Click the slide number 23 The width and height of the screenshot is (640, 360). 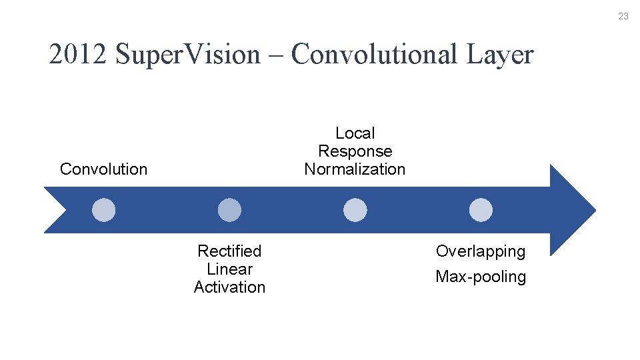623,16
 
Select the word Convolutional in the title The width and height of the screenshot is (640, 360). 375,55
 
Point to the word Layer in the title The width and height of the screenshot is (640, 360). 500,55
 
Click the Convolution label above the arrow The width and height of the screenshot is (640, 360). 103,169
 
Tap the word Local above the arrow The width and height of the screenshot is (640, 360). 355,133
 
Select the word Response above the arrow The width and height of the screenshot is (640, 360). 355,151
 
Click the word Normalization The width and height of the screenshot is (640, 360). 355,169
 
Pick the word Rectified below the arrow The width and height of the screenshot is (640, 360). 229,251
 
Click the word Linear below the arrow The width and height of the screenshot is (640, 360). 229,269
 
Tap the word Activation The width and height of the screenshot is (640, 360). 229,287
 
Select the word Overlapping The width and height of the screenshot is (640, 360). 481,251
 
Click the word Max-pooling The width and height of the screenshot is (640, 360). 481,277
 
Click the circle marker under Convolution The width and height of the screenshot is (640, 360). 103,210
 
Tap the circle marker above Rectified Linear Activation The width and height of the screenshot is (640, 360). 229,210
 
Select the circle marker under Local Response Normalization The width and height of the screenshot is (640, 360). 355,210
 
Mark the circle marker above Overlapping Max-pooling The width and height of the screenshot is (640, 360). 481,210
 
